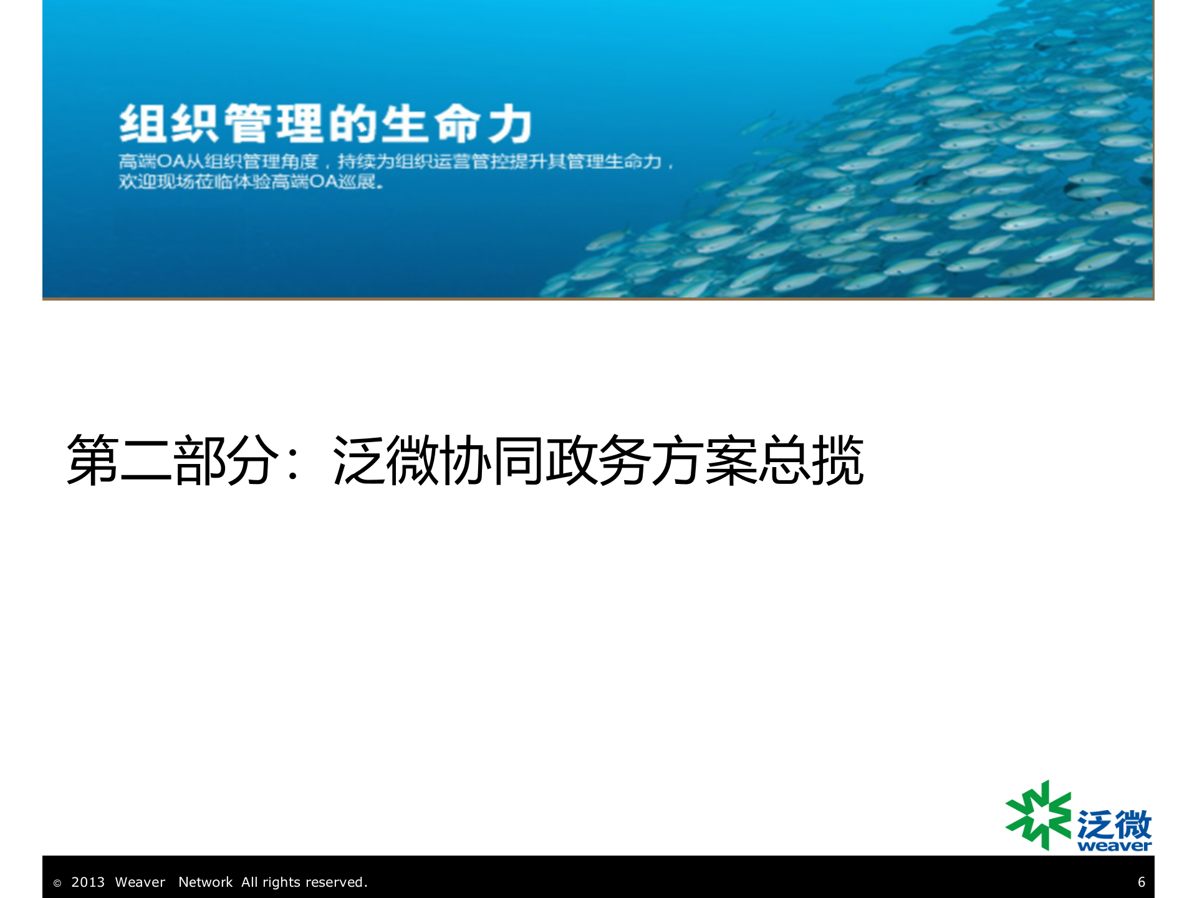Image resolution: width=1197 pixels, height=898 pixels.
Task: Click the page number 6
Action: pos(1141,882)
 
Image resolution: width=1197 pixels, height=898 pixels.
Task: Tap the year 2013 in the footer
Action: pos(88,882)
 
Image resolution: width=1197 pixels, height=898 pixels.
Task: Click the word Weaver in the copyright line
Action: pos(140,882)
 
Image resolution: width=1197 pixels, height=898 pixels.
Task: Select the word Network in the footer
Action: pos(205,882)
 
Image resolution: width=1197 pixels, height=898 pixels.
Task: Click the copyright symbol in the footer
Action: pos(57,883)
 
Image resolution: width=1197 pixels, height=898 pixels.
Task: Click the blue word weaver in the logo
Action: pos(1114,846)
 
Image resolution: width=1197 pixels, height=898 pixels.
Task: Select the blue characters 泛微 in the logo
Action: pos(1114,824)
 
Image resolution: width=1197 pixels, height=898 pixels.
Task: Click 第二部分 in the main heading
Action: pos(173,460)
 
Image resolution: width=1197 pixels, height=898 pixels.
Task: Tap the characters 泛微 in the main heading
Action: pos(387,460)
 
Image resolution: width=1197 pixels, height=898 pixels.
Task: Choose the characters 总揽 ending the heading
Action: pos(810,460)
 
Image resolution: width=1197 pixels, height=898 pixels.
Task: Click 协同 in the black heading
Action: pos(493,460)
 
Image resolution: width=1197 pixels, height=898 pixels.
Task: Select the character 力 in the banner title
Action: pos(509,123)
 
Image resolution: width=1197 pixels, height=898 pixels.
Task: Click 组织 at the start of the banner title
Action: pos(168,123)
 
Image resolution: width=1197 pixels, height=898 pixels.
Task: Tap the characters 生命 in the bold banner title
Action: pos(431,123)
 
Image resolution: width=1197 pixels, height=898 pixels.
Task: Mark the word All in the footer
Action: pos(249,882)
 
